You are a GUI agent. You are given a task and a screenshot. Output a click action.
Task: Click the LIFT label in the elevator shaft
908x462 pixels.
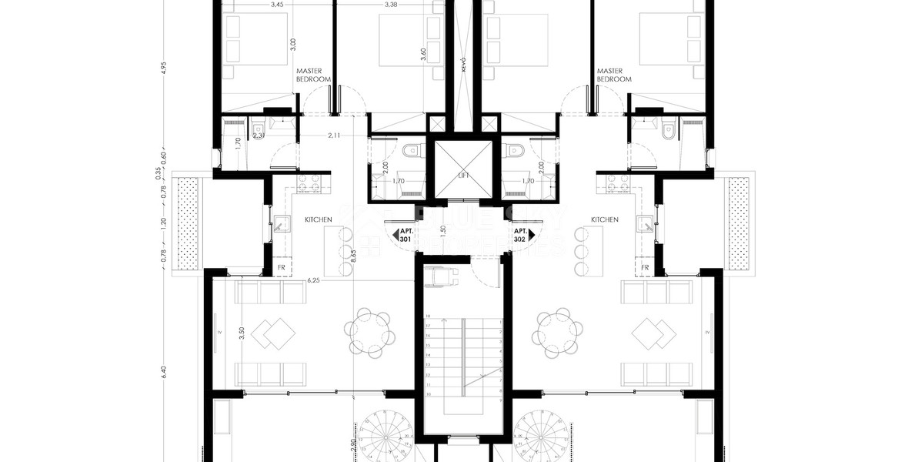point(463,176)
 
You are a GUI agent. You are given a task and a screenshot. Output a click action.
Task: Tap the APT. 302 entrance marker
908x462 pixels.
point(520,236)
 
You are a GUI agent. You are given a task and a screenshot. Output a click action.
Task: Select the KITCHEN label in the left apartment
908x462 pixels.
point(319,219)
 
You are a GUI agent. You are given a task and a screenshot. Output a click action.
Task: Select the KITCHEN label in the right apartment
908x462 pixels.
point(605,219)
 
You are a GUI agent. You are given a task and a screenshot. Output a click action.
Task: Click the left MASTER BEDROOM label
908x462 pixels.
point(314,75)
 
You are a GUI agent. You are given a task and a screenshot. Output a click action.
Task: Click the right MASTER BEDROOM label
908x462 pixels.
point(614,75)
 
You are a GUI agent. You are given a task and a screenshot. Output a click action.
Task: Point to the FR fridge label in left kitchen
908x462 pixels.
point(282,269)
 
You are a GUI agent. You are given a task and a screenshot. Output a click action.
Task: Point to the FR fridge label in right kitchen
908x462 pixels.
point(645,269)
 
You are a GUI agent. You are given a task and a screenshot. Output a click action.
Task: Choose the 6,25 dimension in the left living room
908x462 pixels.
point(313,280)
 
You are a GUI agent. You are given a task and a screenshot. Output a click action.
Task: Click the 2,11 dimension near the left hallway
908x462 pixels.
point(334,136)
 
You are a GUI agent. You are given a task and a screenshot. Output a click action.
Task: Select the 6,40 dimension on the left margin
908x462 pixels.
point(163,370)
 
